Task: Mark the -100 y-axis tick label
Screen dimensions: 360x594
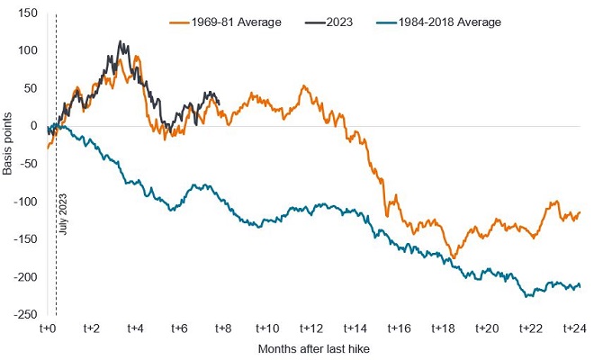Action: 24,202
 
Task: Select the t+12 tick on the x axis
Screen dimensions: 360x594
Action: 310,330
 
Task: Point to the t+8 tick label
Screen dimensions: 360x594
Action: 222,330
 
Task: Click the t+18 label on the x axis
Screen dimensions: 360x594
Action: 442,330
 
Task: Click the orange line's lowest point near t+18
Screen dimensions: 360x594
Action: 453,258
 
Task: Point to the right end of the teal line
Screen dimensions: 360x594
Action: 580,286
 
